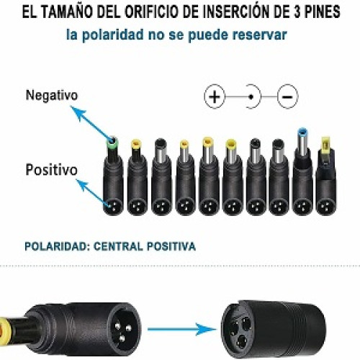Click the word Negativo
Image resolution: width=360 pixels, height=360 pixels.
[x=52, y=95]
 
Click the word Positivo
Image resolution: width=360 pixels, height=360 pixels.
[x=51, y=170]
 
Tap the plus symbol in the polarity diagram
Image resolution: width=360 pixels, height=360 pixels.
[x=215, y=96]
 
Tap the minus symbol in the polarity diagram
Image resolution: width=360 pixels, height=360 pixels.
[x=287, y=96]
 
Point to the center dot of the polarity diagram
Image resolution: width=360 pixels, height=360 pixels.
[x=251, y=96]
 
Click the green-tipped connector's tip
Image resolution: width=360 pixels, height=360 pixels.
[x=112, y=143]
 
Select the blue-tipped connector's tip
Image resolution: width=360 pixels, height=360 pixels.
[x=302, y=132]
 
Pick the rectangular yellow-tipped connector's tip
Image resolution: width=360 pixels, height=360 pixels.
[x=325, y=143]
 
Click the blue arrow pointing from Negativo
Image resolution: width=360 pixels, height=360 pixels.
[x=91, y=123]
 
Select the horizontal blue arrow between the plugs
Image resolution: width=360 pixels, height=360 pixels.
[x=182, y=329]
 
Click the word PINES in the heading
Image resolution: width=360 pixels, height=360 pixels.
[x=322, y=12]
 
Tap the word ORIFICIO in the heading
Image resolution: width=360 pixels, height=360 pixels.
[x=153, y=12]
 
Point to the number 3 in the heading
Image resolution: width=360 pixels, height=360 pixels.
[x=297, y=12]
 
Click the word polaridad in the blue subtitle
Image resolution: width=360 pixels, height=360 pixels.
[x=113, y=35]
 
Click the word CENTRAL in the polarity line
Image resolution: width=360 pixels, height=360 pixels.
[x=118, y=246]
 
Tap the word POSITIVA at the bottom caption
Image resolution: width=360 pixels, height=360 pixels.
[x=171, y=246]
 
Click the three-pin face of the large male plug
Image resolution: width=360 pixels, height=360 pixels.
[x=123, y=329]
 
